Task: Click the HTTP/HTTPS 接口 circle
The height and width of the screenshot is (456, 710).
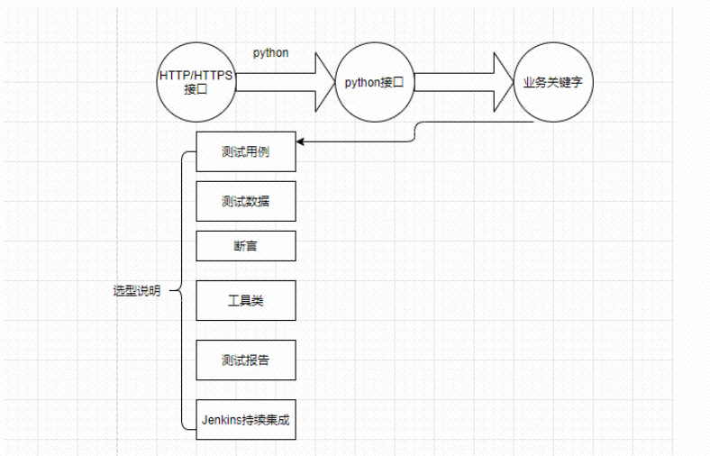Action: pyautogui.click(x=196, y=82)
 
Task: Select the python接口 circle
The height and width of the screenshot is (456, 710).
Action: pyautogui.click(x=374, y=82)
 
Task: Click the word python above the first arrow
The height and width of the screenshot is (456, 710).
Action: pyautogui.click(x=271, y=52)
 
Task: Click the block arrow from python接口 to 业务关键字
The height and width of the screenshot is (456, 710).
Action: pyautogui.click(x=455, y=82)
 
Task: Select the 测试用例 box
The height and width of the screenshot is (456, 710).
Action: pyautogui.click(x=245, y=151)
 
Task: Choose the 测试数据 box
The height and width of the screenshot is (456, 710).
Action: pyautogui.click(x=245, y=201)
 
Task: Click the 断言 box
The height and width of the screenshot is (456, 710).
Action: pyautogui.click(x=245, y=245)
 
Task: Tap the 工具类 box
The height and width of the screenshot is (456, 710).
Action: pyautogui.click(x=245, y=300)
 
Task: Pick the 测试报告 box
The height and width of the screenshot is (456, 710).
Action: pyautogui.click(x=245, y=360)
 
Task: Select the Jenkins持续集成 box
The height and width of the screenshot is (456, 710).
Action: pyautogui.click(x=245, y=419)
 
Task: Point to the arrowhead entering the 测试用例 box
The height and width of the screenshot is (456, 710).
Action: pyautogui.click(x=302, y=141)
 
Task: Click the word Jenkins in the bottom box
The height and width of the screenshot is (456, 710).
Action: pyautogui.click(x=222, y=419)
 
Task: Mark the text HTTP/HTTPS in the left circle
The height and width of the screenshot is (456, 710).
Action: pyautogui.click(x=196, y=76)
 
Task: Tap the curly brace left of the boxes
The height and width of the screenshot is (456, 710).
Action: pyautogui.click(x=183, y=288)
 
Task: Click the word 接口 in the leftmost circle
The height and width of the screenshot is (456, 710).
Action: pyautogui.click(x=196, y=89)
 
